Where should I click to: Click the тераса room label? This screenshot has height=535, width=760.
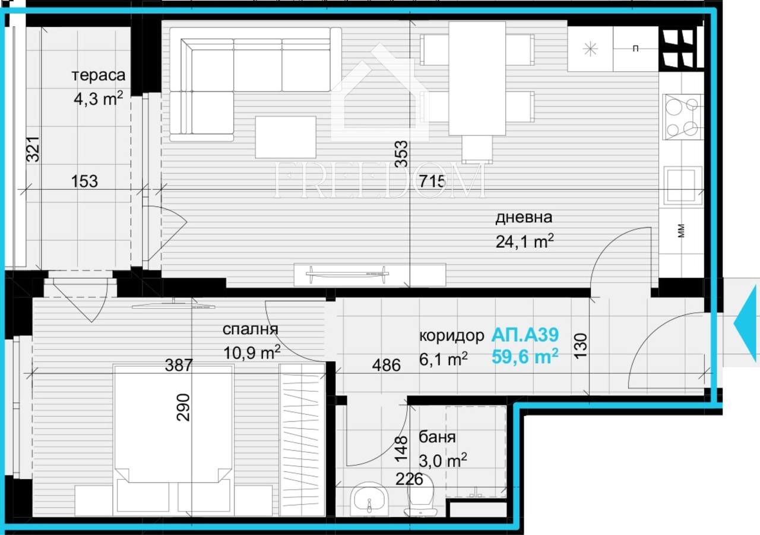point(99,76)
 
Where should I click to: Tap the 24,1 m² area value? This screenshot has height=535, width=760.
point(525,241)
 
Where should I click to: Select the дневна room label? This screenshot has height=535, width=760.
point(524,218)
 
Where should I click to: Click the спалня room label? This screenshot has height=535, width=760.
point(251,330)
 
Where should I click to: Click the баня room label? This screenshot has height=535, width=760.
point(437,438)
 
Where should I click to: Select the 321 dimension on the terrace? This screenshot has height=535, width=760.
point(33,149)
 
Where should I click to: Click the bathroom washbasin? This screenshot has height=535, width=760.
point(369,499)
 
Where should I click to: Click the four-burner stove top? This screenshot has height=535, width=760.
point(680,117)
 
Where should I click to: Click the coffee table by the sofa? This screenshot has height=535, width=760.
point(286,137)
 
